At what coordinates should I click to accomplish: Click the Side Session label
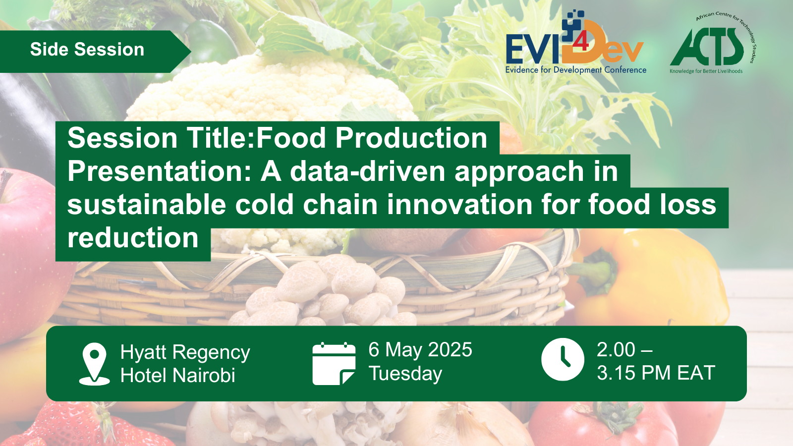point(87,49)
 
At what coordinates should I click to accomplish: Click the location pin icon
point(94,364)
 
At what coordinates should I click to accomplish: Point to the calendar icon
point(334,364)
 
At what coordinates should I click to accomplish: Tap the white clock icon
point(563,359)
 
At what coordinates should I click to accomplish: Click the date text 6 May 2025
point(420,350)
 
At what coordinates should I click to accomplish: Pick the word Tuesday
point(405,374)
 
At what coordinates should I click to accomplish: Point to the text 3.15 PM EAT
point(656,373)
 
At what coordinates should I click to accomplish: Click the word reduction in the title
point(133,238)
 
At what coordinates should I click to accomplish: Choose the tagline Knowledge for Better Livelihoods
point(706,71)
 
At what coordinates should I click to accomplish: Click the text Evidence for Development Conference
point(575,70)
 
